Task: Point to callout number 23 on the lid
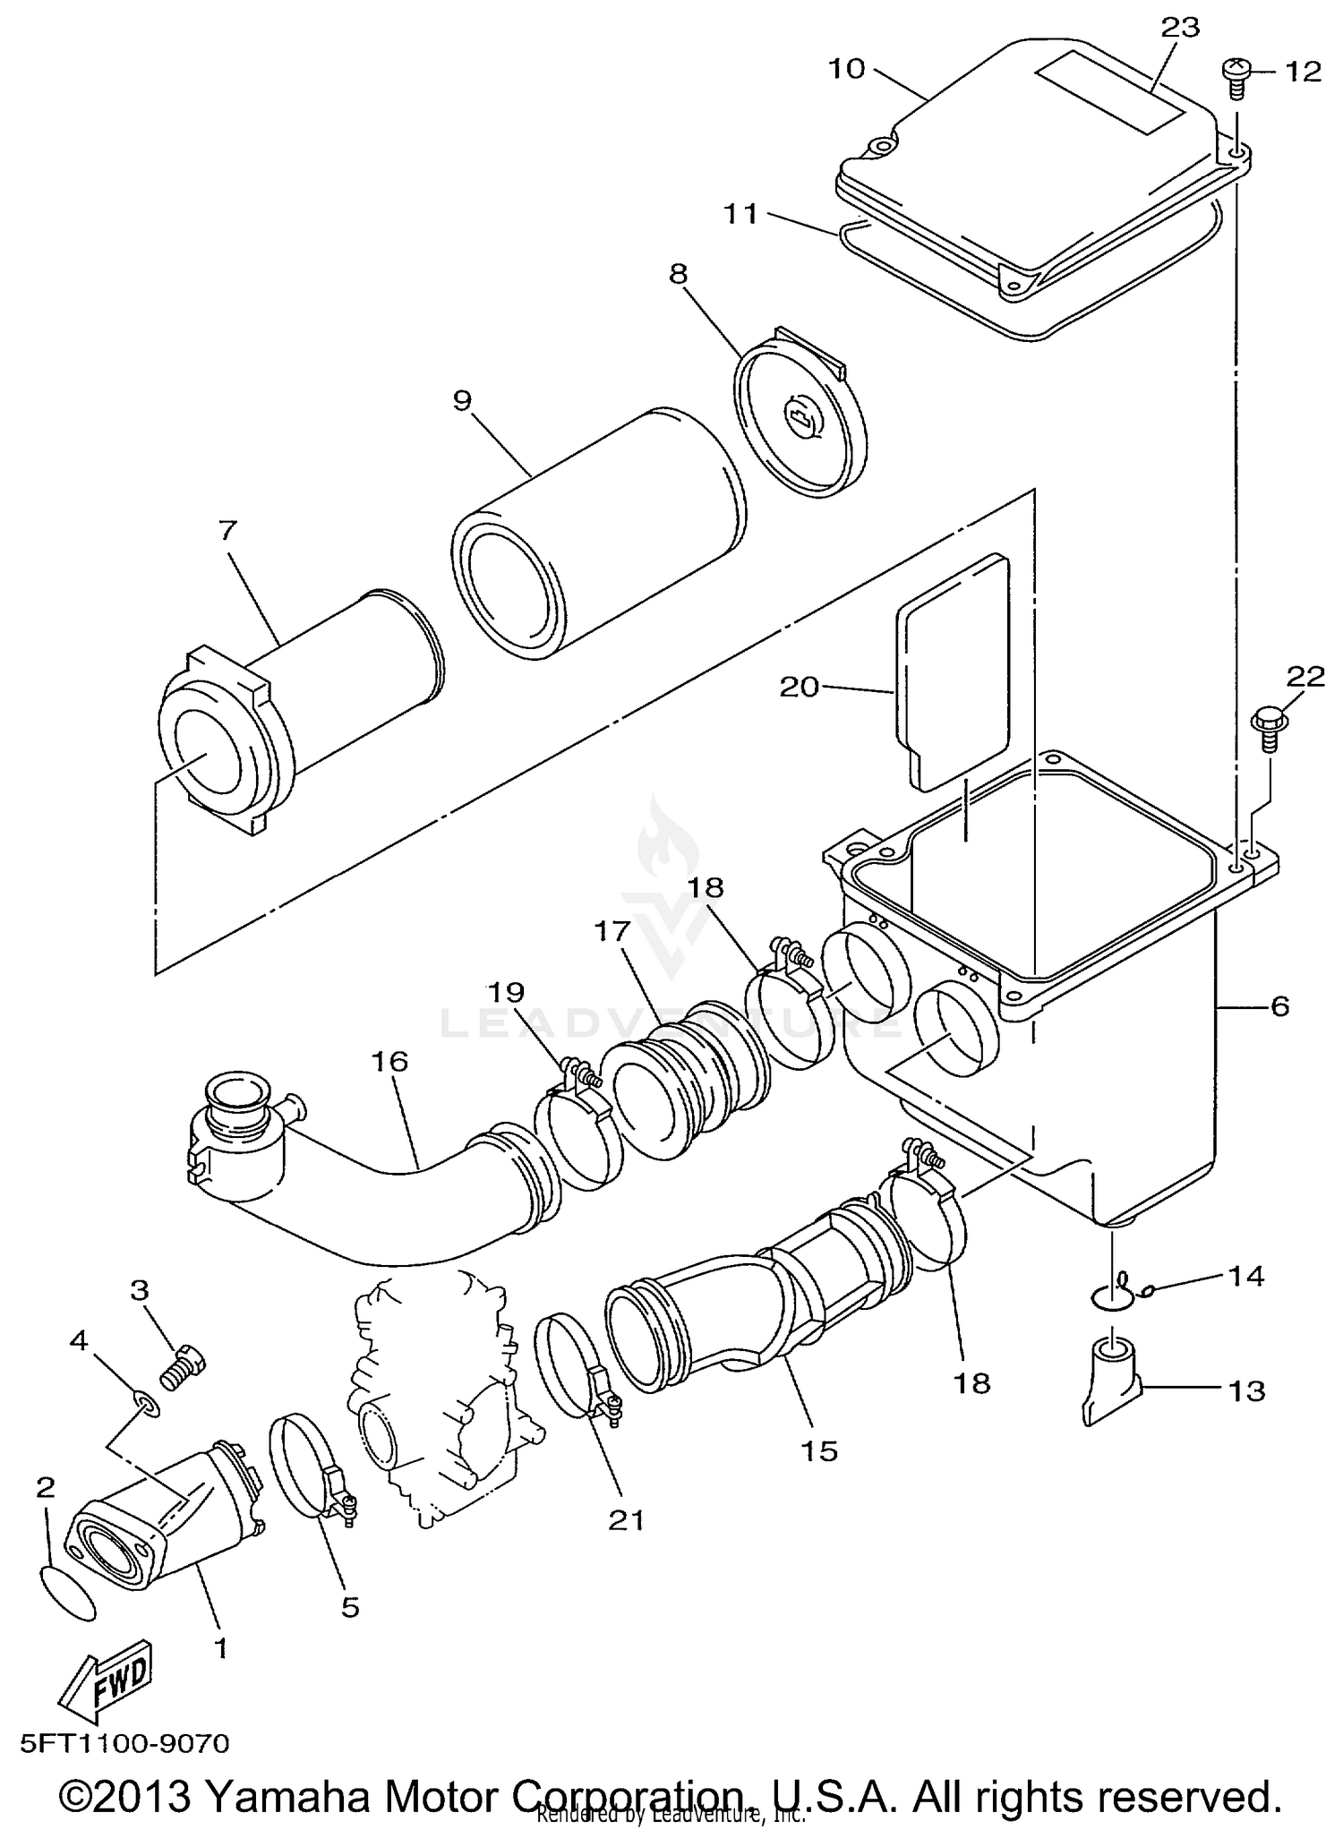[x=1179, y=29]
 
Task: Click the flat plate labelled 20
[x=952, y=671]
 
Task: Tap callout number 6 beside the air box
[x=1279, y=1006]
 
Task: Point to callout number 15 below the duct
[x=818, y=1451]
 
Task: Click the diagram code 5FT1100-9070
[x=124, y=1743]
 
